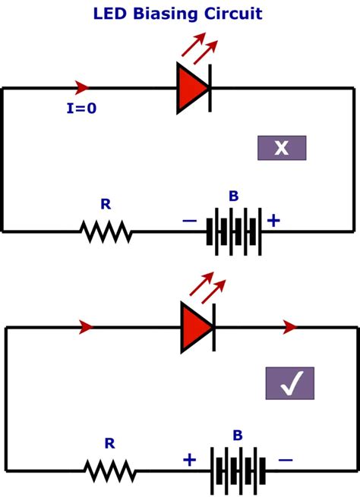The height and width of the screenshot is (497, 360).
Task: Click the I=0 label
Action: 81,109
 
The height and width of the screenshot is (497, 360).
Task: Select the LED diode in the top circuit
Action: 194,88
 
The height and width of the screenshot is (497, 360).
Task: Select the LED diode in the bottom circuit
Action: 197,327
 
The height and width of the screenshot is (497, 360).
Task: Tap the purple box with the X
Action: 282,148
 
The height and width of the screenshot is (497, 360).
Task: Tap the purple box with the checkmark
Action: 289,384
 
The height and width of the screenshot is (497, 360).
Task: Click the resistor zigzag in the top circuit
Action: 106,231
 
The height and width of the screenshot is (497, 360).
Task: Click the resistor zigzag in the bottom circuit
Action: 110,470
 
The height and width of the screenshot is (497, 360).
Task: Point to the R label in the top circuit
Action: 106,204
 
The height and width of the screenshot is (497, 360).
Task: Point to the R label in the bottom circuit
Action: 109,443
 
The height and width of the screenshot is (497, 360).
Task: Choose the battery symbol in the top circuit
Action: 234,231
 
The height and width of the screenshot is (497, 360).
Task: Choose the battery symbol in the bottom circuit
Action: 238,470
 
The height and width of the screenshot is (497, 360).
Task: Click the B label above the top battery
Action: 234,197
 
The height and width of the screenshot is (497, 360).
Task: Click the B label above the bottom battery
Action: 238,436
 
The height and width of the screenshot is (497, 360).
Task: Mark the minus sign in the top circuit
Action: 189,221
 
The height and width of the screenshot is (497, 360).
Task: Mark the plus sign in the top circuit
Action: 273,221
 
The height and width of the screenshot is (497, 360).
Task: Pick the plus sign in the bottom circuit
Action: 189,460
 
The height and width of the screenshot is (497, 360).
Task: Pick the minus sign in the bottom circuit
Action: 285,460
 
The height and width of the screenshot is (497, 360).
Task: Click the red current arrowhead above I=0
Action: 82,88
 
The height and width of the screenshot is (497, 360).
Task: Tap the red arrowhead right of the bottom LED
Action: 289,327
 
